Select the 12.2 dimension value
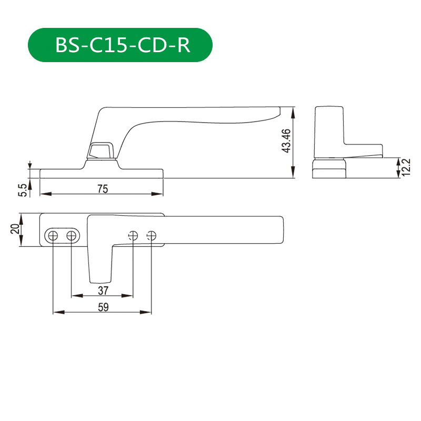[x=406, y=167]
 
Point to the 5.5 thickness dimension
[x=22, y=190]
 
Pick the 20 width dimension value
[x=15, y=229]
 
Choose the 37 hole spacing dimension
[x=103, y=290]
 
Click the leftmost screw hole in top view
[x=53, y=236]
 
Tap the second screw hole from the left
[x=71, y=236]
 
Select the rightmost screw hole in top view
[x=152, y=236]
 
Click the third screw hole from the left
[x=133, y=236]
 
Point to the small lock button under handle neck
[x=101, y=151]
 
